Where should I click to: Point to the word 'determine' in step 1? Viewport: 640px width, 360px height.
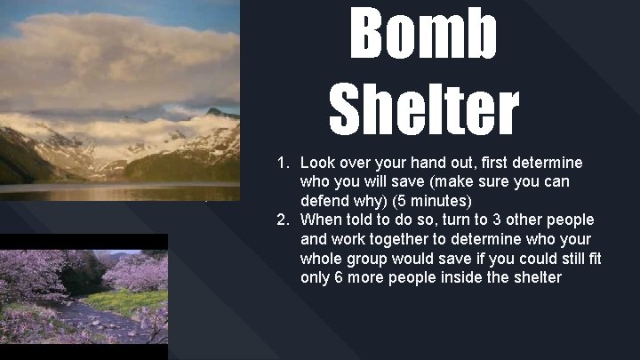pos(548,164)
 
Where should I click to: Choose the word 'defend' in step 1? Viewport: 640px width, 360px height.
pos(324,201)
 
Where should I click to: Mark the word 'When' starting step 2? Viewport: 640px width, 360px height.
pos(319,220)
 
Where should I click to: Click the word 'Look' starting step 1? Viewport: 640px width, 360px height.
pos(317,164)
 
